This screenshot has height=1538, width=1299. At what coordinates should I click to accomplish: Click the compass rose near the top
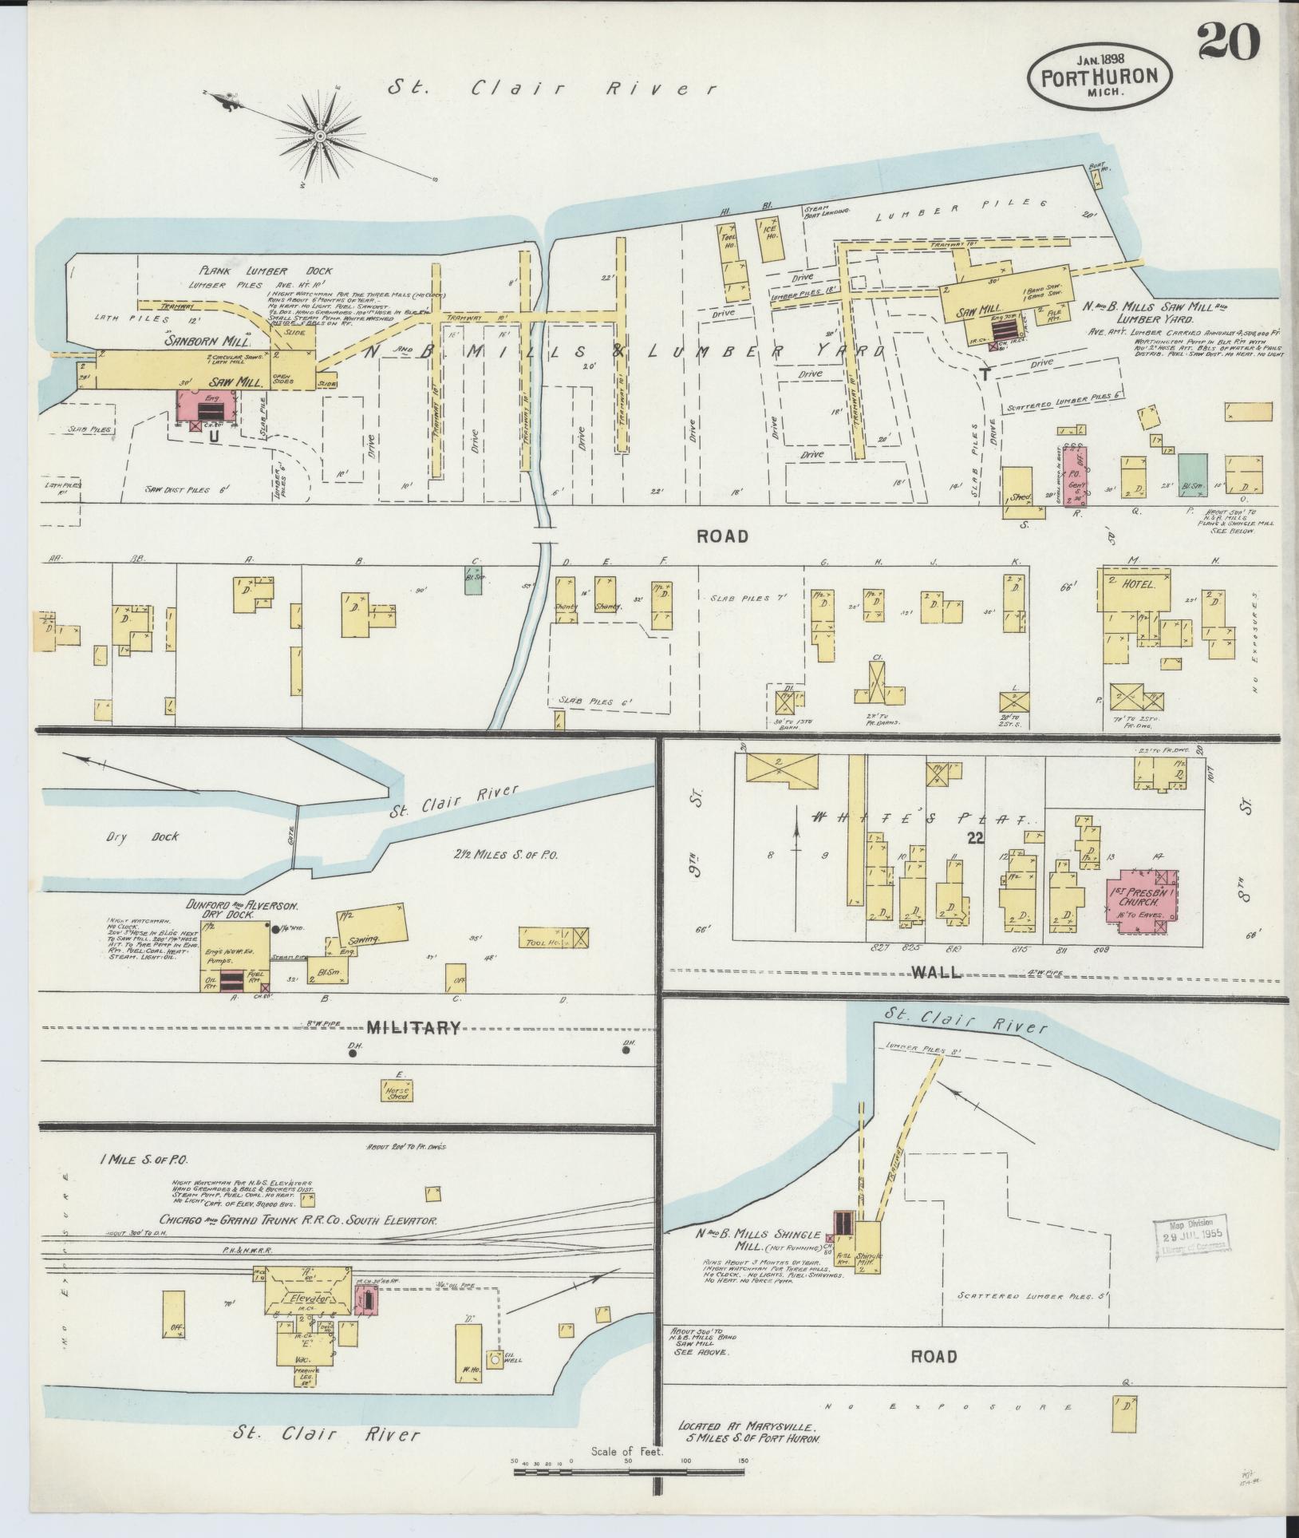[x=320, y=136]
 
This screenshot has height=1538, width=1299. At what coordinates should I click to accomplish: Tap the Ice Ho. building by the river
[x=772, y=238]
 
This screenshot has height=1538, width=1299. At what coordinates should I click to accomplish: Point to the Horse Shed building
[x=397, y=1092]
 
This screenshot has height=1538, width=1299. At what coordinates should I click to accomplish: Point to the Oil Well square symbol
[x=495, y=1358]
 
